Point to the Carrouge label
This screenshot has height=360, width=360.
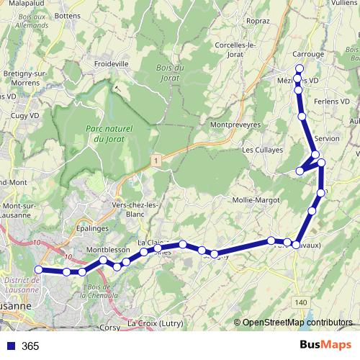(x=309, y=54)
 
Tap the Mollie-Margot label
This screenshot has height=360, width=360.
(x=255, y=199)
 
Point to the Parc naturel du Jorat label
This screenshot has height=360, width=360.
(x=104, y=133)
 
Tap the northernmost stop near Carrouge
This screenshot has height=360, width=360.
(x=300, y=68)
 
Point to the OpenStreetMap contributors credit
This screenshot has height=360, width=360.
(x=297, y=322)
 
